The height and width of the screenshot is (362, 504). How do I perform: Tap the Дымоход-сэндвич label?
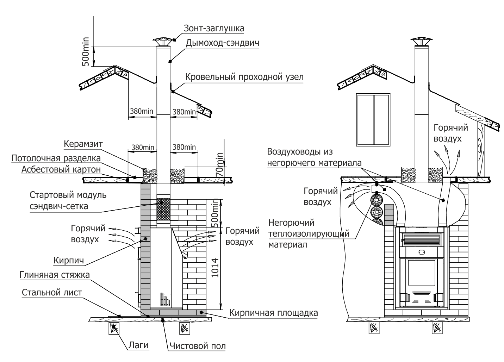pos(222,43)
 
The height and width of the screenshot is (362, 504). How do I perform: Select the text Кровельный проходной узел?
pos(244,77)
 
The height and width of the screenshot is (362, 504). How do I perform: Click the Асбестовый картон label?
pos(61,170)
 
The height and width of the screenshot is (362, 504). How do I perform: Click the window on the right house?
pos(374,119)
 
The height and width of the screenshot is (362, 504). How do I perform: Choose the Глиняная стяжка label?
pos(55,274)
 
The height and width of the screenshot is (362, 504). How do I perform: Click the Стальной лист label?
pos(52,292)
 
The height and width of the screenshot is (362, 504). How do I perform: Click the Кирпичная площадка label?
pos(273,313)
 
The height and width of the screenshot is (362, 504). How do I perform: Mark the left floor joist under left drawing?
pos(113,329)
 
